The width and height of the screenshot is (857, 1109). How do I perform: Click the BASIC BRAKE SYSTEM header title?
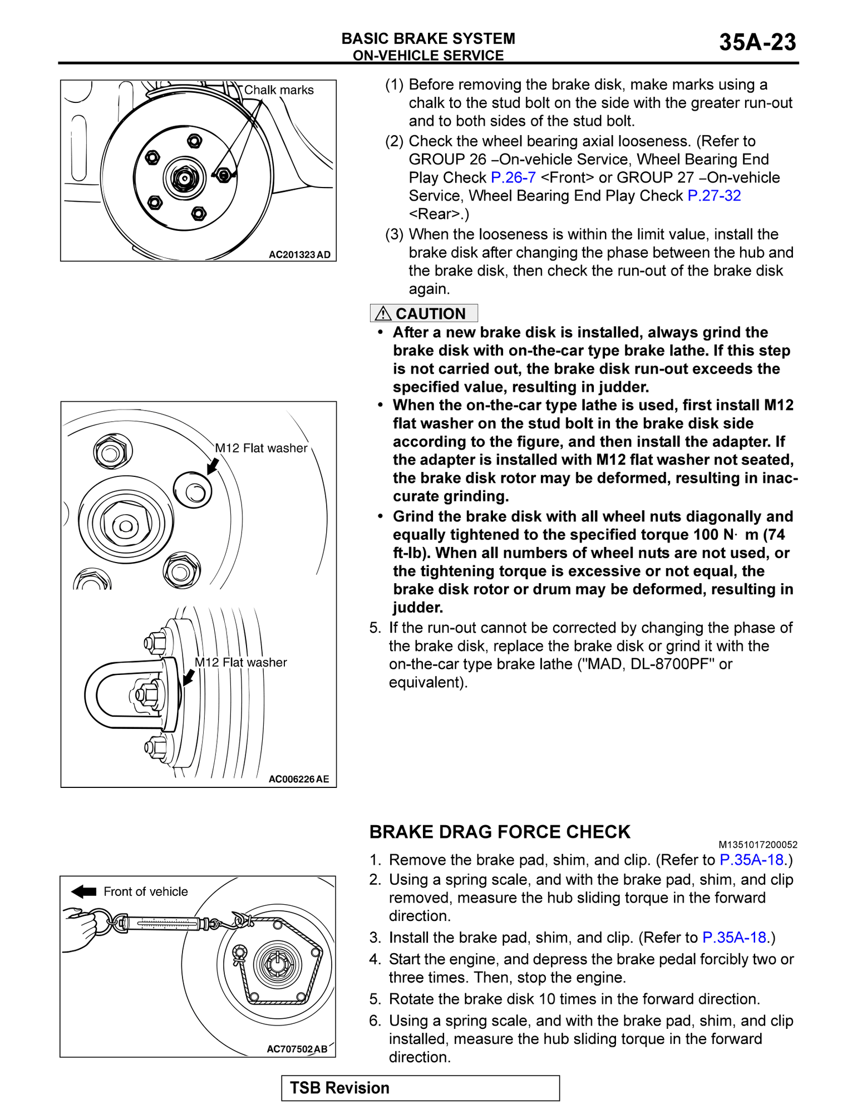coord(428,38)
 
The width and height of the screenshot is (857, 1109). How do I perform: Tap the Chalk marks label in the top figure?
coord(279,90)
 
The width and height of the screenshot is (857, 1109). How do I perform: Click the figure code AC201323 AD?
coord(299,255)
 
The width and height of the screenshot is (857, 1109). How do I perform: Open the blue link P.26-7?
coord(513,178)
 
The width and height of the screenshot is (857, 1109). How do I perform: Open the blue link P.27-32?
coord(714,196)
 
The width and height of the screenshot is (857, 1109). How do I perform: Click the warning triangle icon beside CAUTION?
coord(383,314)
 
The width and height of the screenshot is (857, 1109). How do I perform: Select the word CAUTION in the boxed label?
coord(430,314)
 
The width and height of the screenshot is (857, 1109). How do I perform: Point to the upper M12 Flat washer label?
coord(261,448)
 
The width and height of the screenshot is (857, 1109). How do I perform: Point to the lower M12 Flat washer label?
coord(240,662)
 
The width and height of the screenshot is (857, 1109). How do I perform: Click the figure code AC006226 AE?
coord(299,779)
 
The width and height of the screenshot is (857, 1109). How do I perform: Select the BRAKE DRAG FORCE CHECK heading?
coord(499,832)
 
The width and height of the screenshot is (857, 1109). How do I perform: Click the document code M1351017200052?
coord(757,845)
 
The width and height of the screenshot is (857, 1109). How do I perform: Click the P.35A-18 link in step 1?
coord(751,860)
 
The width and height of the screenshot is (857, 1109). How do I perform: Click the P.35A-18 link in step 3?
coord(734,938)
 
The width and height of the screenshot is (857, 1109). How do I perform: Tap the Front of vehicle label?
coord(146,891)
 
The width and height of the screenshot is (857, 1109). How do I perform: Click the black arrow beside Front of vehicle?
coord(84,891)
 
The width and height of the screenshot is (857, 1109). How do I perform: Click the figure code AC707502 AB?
coord(297,1049)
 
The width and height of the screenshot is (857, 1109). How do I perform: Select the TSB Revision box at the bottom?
coord(420,1088)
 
